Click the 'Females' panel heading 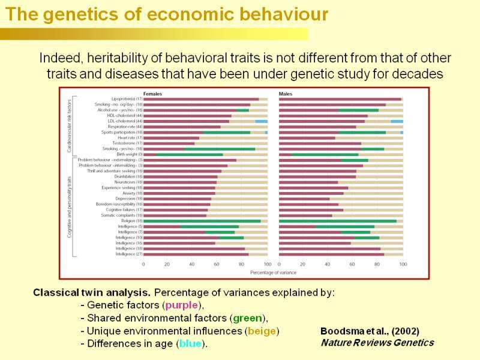point(152,94)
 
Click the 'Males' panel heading point(286,94)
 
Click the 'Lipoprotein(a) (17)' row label point(127,99)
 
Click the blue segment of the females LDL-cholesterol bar point(262,121)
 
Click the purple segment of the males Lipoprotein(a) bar point(340,99)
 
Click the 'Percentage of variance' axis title point(273,272)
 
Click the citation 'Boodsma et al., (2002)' point(370,331)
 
